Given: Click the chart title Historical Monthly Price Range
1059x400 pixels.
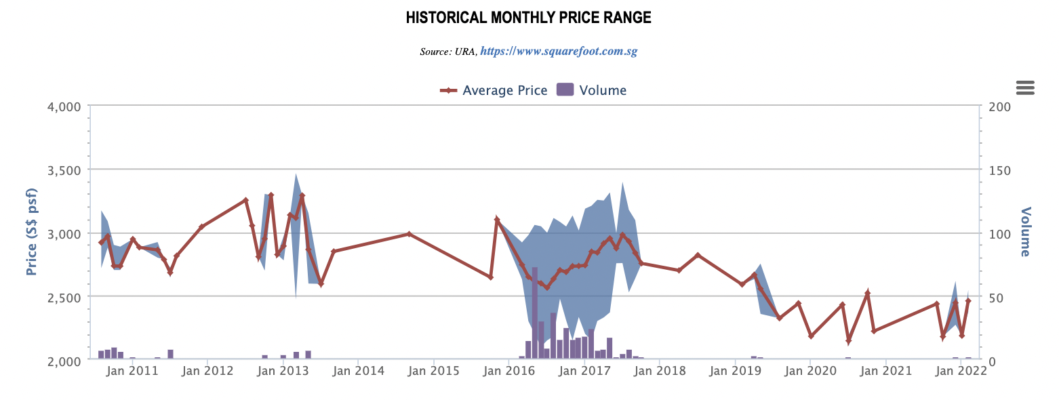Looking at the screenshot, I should (529, 18).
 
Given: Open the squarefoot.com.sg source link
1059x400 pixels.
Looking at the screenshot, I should (559, 51).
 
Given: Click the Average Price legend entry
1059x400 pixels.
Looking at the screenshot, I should (494, 90).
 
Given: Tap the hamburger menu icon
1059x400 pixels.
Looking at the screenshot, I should (1025, 87).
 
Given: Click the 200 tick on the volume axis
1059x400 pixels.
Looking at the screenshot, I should (999, 106).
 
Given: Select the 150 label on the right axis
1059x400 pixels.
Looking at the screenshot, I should (999, 169).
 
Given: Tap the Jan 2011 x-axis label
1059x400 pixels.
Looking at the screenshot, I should (133, 371).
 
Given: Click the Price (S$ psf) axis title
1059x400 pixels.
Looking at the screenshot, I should (32, 233).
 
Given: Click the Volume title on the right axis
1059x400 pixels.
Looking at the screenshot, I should (1025, 232).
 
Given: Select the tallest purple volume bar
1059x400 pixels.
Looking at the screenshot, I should (535, 313).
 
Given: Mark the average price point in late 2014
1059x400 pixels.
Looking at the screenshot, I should (409, 234).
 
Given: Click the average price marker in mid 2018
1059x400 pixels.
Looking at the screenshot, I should (698, 255).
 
